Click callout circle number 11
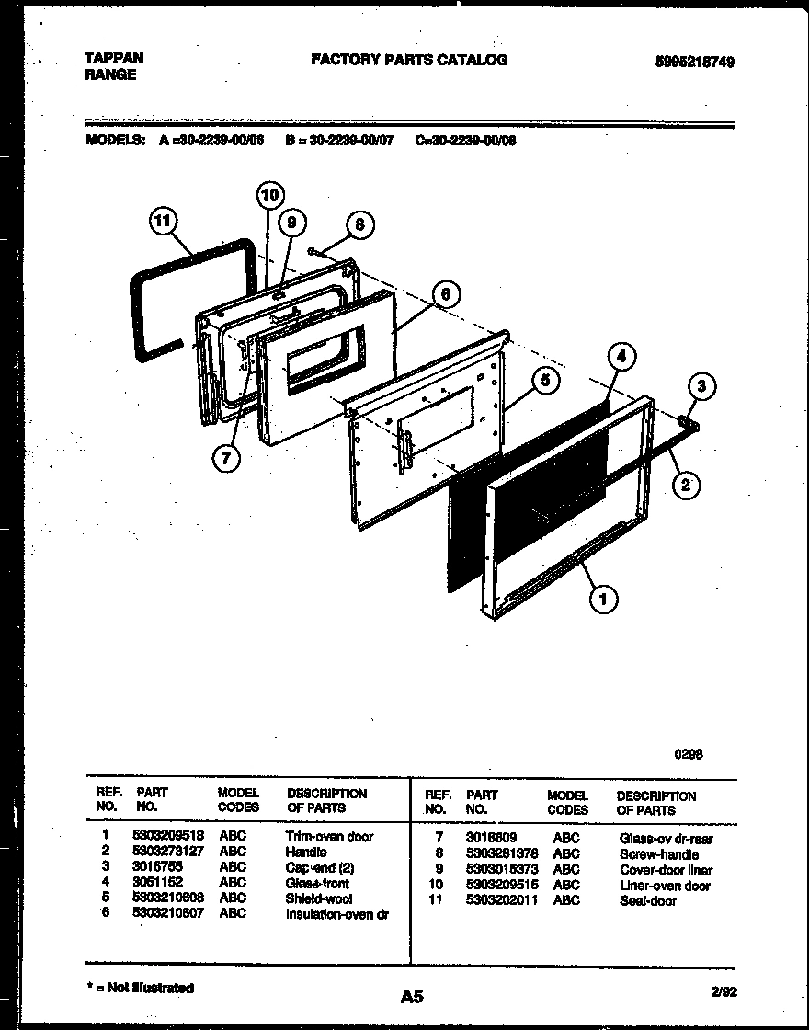(165, 222)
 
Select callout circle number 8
(360, 224)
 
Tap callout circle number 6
(445, 294)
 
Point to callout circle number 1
(603, 600)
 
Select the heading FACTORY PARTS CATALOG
(409, 60)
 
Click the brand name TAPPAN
(114, 58)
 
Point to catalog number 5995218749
(694, 62)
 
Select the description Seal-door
(647, 900)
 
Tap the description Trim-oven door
(329, 836)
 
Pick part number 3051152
(157, 882)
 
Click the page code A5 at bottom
(412, 995)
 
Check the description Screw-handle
(658, 854)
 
